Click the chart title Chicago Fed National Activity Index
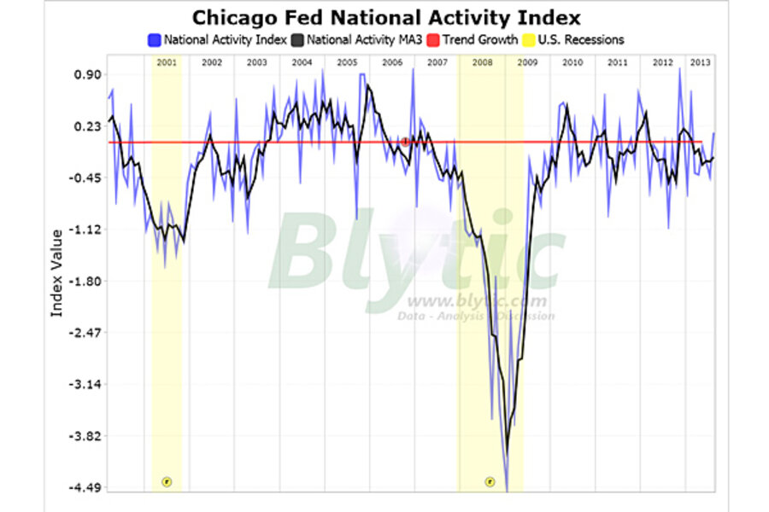(385, 18)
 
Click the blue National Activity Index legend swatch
(154, 39)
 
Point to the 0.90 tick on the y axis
(87, 74)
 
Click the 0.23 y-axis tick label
(87, 126)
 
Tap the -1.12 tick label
(85, 230)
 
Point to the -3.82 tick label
(85, 436)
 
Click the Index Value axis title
(57, 273)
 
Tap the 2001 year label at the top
(167, 62)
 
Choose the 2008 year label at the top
(481, 62)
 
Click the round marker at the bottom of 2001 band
(167, 481)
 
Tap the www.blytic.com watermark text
(476, 301)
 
